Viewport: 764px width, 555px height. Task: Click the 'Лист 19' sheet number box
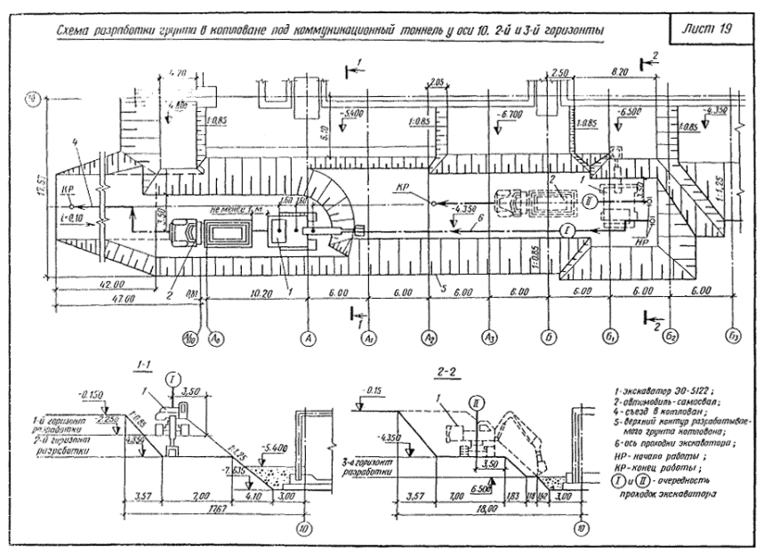(x=712, y=29)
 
